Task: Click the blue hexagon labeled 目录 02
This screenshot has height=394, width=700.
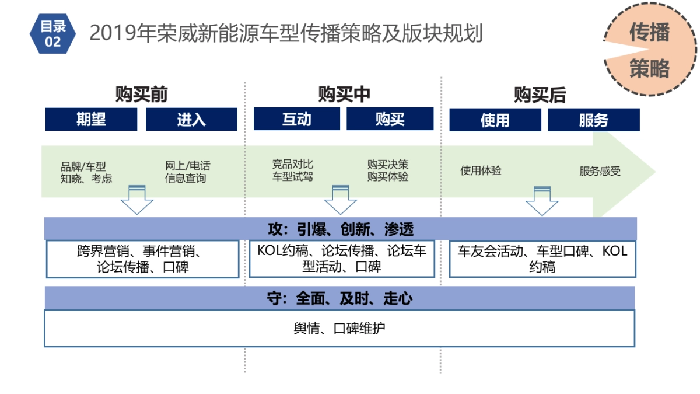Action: tap(52, 33)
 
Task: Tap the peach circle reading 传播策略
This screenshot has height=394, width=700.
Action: tap(649, 51)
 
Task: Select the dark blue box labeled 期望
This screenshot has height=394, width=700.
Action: tap(91, 120)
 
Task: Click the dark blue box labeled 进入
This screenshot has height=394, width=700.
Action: tap(191, 120)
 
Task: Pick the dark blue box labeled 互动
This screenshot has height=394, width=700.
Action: tap(296, 119)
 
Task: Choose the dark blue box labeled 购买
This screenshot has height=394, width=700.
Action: tap(390, 119)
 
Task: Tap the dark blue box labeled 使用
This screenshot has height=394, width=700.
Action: tap(495, 120)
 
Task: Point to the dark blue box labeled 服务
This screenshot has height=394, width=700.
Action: tap(593, 120)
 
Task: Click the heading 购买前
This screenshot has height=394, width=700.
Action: tap(141, 95)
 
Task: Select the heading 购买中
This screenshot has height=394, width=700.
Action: tap(344, 95)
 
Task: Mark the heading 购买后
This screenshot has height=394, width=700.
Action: tap(540, 95)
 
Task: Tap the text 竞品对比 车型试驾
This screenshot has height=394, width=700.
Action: tap(293, 170)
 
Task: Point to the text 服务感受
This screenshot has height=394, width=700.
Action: tap(600, 171)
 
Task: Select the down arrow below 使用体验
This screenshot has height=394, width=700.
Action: tap(542, 201)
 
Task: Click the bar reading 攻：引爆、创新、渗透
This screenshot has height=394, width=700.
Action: tap(340, 228)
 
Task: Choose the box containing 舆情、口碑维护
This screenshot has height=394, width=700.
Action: tap(339, 329)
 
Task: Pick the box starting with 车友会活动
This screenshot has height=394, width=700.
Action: tap(542, 259)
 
